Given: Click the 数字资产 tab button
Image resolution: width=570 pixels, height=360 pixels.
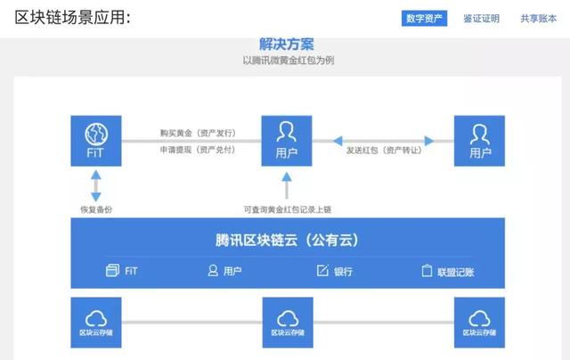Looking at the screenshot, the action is pyautogui.click(x=424, y=18).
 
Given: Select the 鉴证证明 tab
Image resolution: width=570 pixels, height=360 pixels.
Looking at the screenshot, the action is pyautogui.click(x=481, y=19).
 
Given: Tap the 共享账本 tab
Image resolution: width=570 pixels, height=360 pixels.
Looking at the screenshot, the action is pyautogui.click(x=538, y=19).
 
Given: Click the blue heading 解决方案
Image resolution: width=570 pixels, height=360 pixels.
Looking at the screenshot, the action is pyautogui.click(x=287, y=45).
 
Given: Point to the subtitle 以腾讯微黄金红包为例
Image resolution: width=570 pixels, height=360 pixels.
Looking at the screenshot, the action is pyautogui.click(x=289, y=60).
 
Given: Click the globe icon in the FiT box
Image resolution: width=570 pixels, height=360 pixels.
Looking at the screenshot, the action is pyautogui.click(x=96, y=134).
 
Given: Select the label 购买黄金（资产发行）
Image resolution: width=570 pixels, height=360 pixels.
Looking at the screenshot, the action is pyautogui.click(x=198, y=133).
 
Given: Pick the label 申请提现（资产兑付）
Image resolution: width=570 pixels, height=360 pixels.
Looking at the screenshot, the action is pyautogui.click(x=198, y=150).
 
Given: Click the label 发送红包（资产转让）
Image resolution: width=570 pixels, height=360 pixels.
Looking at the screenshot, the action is pyautogui.click(x=384, y=151).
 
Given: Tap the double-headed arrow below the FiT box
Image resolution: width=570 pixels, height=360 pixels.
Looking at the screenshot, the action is pyautogui.click(x=96, y=186).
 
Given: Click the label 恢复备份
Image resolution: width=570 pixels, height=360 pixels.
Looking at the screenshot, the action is pyautogui.click(x=96, y=209).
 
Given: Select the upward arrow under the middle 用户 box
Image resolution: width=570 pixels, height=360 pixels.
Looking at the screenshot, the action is pyautogui.click(x=287, y=185).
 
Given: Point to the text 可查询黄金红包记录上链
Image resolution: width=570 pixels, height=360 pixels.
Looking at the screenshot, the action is pyautogui.click(x=287, y=209).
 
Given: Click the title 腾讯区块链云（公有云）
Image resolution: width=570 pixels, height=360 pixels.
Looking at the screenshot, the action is pyautogui.click(x=287, y=240).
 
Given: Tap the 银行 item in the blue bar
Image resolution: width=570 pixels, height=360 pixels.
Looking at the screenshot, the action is pyautogui.click(x=335, y=271).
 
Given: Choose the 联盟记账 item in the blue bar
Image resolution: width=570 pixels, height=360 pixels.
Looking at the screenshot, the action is pyautogui.click(x=448, y=271).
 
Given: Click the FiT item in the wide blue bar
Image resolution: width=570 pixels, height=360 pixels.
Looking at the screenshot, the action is pyautogui.click(x=121, y=271).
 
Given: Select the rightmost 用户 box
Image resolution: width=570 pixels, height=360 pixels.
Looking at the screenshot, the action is pyautogui.click(x=479, y=141).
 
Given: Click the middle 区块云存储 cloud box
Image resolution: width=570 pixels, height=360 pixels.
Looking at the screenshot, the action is pyautogui.click(x=288, y=323).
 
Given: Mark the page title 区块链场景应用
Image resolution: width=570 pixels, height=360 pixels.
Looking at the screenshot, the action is pyautogui.click(x=73, y=18).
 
